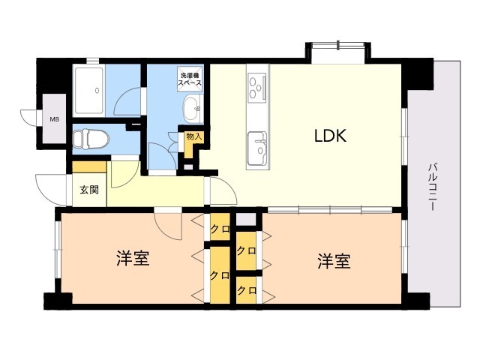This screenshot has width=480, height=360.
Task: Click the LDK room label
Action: (x=330, y=136)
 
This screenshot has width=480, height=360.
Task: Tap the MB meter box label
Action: (x=55, y=119)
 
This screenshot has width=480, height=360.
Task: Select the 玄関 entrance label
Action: (x=89, y=190)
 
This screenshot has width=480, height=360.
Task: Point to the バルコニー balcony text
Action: (x=432, y=187)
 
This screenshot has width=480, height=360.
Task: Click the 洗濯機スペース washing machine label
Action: (x=190, y=79)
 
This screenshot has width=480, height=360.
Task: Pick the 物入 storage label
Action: (x=194, y=136)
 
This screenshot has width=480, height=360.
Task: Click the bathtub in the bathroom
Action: (x=89, y=91)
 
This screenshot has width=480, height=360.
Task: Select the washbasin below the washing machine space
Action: (x=193, y=109)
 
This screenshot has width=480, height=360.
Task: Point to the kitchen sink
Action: (x=257, y=148)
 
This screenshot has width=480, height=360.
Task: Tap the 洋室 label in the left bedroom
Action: (x=133, y=258)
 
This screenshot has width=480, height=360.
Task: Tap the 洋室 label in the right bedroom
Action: (x=334, y=261)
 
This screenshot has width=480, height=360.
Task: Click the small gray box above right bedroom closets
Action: (x=246, y=220)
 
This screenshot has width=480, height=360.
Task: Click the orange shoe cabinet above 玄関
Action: (x=89, y=167)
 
